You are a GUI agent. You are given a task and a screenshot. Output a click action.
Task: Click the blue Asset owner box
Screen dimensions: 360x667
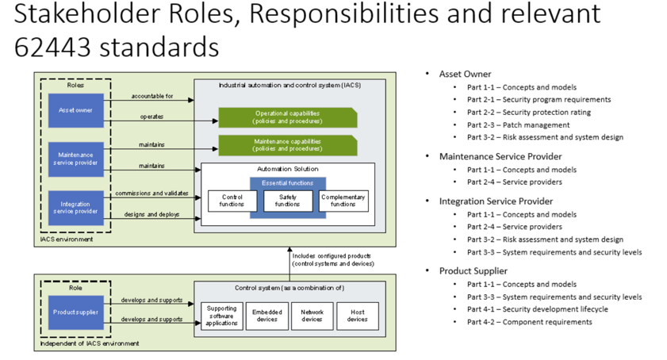[x=75, y=111]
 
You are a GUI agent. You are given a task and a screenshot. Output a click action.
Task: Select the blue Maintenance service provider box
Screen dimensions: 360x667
[x=75, y=159]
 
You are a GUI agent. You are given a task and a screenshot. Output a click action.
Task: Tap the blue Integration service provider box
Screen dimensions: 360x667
[x=75, y=208]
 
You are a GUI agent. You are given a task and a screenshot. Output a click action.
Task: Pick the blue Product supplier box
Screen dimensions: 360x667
[x=75, y=312]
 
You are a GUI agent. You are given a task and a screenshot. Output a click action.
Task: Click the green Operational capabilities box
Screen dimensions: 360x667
[x=287, y=117]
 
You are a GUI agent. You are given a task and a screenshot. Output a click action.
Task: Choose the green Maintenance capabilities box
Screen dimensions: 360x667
[x=287, y=145]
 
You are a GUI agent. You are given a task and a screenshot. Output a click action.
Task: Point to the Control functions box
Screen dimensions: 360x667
[x=232, y=201]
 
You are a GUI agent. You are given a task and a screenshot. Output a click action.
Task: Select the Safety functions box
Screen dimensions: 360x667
[x=287, y=201]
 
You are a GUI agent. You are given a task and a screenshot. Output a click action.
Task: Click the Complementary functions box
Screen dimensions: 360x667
[x=343, y=201]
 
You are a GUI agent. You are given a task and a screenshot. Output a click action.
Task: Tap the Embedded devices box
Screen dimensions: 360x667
[x=266, y=316]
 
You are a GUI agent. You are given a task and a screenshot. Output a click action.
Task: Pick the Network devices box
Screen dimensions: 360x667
[x=312, y=316]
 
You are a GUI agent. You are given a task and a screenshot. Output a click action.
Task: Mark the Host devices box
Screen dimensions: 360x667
[x=357, y=316]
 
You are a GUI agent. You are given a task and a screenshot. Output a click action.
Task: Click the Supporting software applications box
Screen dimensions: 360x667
[x=221, y=316]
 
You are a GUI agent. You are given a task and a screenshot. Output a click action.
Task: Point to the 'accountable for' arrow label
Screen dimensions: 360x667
[x=151, y=96]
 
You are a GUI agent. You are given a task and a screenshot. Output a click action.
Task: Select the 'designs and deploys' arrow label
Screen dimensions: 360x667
[x=151, y=214]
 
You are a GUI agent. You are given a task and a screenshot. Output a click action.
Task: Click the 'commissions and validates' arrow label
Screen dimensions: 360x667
[x=151, y=193]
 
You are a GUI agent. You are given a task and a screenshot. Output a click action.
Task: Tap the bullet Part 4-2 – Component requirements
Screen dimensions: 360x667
[x=529, y=322]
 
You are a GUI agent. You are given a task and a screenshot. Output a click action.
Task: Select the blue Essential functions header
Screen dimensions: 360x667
[x=287, y=183]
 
